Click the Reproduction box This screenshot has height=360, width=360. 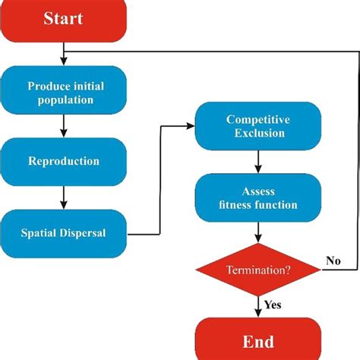[64, 161]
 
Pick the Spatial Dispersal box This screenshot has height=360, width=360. [64, 232]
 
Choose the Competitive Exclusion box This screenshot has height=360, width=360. [256, 126]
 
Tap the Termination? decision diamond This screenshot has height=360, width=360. [258, 270]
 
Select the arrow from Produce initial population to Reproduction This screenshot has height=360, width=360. [64, 127]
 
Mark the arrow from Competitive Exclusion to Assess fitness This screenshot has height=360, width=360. [259, 162]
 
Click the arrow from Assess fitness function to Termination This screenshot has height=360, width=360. [259, 231]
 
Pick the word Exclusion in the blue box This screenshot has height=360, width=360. [256, 133]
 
